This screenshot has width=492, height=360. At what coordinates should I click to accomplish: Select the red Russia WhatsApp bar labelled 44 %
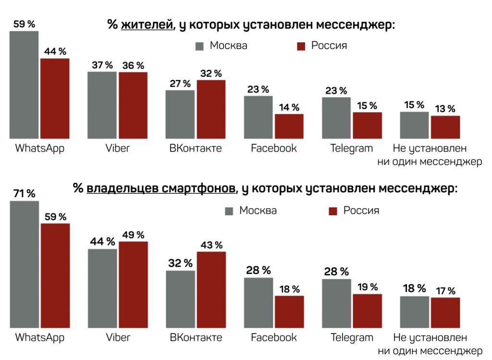55,99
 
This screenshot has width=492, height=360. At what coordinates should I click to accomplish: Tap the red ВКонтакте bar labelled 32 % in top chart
211,110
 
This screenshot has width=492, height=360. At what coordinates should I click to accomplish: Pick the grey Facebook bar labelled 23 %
258,117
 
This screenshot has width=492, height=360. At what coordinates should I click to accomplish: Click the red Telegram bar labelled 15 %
367,126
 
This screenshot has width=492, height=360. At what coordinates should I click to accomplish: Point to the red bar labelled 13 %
445,127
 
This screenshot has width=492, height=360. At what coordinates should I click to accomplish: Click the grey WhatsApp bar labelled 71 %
24,264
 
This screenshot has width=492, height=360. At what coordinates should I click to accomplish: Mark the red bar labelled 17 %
445,313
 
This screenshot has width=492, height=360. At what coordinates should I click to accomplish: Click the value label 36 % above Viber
133,65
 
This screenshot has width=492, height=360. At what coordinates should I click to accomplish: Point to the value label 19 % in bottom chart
368,287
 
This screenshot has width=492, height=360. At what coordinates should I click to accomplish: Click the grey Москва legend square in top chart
200,46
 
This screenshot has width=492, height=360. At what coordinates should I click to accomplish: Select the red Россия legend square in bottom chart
333,211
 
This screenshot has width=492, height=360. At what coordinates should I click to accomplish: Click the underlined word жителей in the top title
147,25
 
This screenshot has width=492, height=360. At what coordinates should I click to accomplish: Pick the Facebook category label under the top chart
274,148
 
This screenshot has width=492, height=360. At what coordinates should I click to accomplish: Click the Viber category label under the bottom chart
118,337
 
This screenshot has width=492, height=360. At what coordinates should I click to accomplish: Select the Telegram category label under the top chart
351,148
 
